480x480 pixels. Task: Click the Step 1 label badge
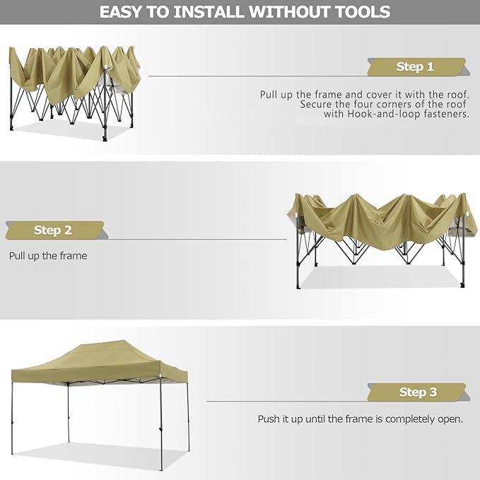coord(414,67)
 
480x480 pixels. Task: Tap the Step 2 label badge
coord(53,230)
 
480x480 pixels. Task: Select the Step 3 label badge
coord(417,392)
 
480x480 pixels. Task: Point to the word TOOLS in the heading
coord(358,12)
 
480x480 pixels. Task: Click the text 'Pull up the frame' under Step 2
coord(48,256)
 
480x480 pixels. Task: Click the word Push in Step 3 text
coord(269,419)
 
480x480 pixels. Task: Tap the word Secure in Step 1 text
coord(316,103)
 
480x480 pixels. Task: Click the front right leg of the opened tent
coord(161,424)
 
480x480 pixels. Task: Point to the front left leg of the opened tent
coord(13,417)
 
